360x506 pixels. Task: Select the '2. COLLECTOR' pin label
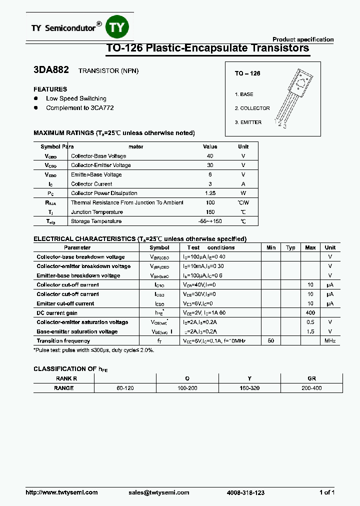pos(252,108)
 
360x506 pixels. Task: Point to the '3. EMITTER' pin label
pos(248,122)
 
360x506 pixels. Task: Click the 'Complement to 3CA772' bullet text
pos(76,108)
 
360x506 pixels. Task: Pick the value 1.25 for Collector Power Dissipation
pos(210,193)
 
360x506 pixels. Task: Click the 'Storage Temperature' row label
pos(96,221)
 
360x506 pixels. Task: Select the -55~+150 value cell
pos(210,221)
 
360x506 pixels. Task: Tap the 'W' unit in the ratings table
pos(243,193)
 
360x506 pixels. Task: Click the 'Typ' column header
pos(290,247)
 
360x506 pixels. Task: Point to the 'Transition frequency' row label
pos(63,341)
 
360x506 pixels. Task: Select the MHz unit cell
pos(330,341)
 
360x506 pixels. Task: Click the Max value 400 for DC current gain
pos(310,313)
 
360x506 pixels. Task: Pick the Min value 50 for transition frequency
pos(271,341)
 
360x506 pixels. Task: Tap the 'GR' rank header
pos(311,379)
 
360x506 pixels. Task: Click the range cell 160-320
pos(249,388)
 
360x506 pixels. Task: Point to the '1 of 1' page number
pos(326,492)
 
